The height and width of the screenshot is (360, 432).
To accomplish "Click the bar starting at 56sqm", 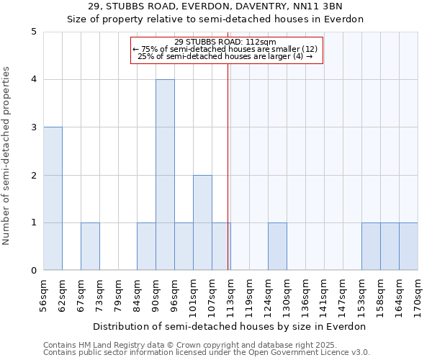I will coord(53,199).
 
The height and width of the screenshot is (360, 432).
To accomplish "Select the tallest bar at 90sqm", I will coord(165,175).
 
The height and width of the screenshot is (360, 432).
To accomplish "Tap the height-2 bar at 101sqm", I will coord(202,222).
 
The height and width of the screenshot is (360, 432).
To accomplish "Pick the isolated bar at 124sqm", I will coord(277,246).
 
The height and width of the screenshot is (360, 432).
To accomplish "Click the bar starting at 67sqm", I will coord(90,246).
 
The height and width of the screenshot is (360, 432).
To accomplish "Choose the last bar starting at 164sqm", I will coord(408,246).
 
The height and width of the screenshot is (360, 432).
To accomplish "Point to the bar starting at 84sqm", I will coord(146,246).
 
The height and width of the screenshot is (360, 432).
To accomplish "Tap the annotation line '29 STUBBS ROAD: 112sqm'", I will coord(225,42).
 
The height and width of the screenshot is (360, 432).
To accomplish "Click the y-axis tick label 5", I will coord(33,32).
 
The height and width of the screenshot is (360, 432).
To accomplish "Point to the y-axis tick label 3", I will coord(33,127).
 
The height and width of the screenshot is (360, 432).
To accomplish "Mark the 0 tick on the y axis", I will coord(33,271).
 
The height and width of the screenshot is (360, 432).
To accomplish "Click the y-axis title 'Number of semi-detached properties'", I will coord(7,156).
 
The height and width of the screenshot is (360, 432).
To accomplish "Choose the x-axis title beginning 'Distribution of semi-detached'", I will coord(230,326).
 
